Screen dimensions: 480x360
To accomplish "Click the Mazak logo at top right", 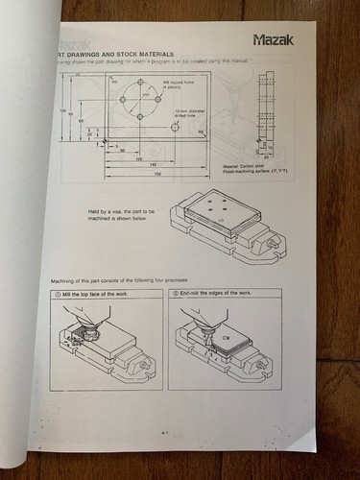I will (279, 40).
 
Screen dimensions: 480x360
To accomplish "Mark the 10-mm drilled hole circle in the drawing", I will (175, 126).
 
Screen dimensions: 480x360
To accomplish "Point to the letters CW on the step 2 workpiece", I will (227, 339).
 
